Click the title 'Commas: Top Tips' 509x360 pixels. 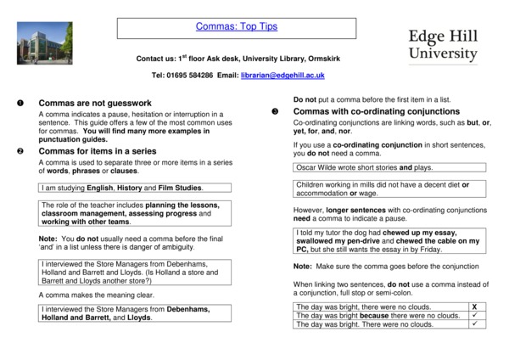click(x=237, y=26)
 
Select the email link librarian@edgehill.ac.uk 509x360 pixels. click(x=283, y=76)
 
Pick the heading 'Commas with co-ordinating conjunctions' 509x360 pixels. click(x=376, y=111)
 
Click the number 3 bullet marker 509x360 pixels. click(x=273, y=111)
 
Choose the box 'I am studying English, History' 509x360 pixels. click(x=121, y=187)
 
